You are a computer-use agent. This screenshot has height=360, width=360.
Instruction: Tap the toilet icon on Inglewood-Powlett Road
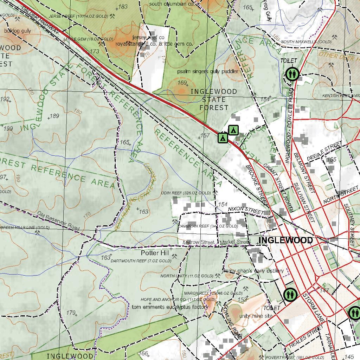coord(292,74)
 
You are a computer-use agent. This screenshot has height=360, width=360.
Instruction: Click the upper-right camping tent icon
coord(233,130)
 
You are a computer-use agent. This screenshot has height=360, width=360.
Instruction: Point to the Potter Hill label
coord(155,253)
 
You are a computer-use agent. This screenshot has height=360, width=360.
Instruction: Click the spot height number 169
coord(182,83)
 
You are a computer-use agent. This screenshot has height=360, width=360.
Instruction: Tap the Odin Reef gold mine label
coord(191,193)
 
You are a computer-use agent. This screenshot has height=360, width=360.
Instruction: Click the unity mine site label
coord(256,316)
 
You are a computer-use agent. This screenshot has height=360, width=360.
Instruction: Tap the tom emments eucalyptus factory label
coord(170,307)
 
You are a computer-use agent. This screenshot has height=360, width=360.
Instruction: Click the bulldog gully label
coord(18,31)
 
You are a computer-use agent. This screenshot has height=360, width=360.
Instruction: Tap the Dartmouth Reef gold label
coord(141,261)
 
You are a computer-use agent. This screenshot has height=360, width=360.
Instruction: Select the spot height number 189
coord(54,116)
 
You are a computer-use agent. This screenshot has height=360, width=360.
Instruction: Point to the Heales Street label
coord(305,336)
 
